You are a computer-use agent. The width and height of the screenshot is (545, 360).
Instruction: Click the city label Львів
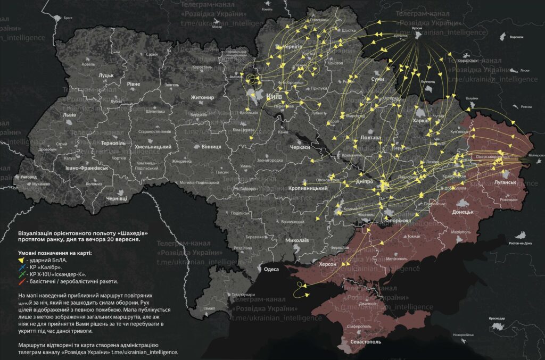click(x=69, y=115)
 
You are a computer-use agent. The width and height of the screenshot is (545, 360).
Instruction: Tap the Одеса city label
click(x=271, y=270)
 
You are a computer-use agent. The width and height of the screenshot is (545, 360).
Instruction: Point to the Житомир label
click(x=202, y=97)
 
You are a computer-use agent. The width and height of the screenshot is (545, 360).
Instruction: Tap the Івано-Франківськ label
click(x=87, y=168)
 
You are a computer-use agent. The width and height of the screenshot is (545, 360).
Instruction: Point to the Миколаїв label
click(x=297, y=240)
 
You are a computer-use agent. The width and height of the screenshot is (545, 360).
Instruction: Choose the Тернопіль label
click(x=113, y=144)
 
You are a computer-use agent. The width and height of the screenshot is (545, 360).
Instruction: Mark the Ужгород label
click(x=25, y=176)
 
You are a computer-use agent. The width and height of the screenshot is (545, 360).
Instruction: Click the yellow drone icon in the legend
click(x=21, y=261)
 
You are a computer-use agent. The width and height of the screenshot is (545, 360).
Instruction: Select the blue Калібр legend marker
click(x=21, y=268)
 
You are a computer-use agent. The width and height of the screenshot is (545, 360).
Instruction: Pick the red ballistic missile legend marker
click(x=21, y=281)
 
